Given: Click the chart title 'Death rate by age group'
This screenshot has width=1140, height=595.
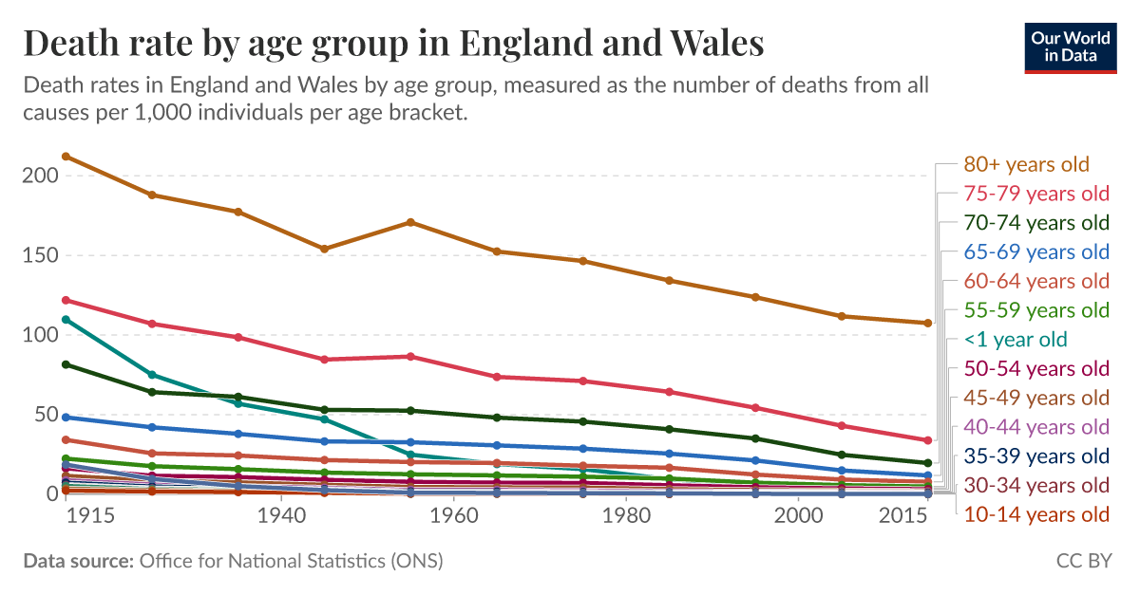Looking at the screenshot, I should point(393,44).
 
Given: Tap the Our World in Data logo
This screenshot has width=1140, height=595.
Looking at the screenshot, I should point(1071,46).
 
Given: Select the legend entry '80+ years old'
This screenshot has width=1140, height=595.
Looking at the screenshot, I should point(1026,164).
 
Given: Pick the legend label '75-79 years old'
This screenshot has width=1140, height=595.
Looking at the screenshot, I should point(1036,194).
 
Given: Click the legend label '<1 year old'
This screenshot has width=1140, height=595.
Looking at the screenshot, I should point(1016,339).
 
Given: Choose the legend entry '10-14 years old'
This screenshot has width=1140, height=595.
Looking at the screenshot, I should point(1036,514).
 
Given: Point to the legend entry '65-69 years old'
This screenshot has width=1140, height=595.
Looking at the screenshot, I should point(1036,251).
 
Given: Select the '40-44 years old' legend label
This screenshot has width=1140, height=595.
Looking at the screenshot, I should point(1036,426).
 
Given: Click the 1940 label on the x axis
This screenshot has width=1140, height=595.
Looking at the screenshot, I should point(281,514).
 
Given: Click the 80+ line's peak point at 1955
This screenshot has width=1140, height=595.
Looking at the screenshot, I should point(410,222).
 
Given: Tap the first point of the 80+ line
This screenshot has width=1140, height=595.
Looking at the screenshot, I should point(66,157).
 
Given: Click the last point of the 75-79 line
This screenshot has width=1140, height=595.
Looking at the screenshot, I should point(927,440).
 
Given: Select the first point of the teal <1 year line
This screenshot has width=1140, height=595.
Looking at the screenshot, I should point(66,319).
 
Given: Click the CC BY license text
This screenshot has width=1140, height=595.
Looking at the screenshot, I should point(1084,561).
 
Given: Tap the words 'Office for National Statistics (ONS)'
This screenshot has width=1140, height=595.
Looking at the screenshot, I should point(291,561).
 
